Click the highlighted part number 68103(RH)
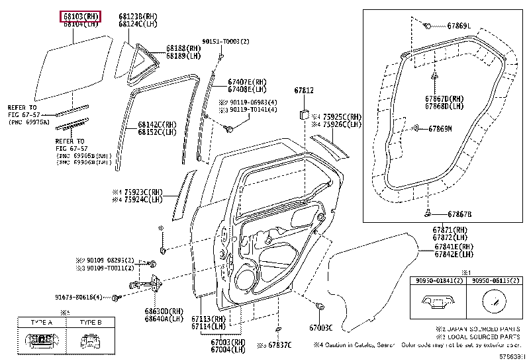click(80, 15)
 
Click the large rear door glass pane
click(73, 66)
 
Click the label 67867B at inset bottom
click(459, 214)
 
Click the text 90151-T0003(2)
click(226, 41)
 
